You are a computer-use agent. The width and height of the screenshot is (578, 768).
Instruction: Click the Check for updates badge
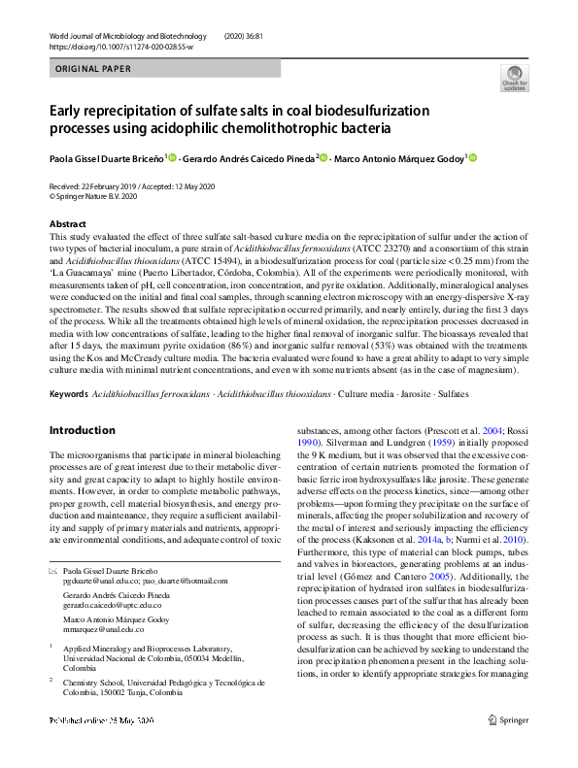click(x=514, y=77)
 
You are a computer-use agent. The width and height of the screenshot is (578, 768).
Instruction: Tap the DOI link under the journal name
click(x=120, y=47)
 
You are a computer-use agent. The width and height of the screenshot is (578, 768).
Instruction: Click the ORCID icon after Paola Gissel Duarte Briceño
click(x=173, y=157)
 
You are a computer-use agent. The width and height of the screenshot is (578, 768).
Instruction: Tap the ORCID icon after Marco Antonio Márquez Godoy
click(x=473, y=157)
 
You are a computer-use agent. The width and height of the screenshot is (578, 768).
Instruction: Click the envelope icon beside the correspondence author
click(x=52, y=573)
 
